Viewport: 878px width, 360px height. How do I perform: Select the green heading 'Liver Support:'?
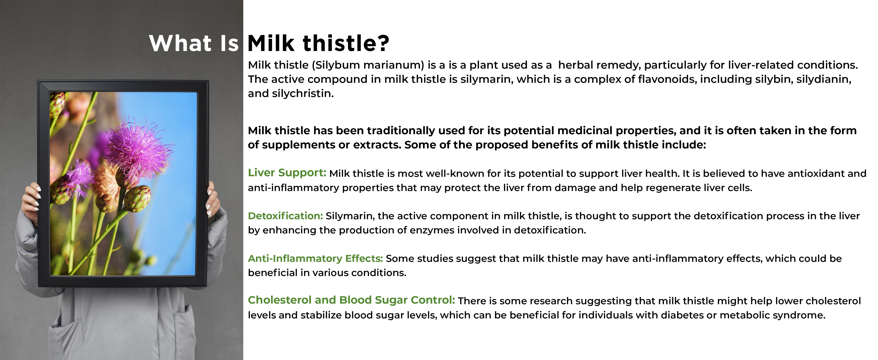[x=287, y=173]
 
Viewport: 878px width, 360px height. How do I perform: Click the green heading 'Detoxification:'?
[x=285, y=216]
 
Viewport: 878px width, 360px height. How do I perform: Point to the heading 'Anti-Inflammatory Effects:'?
[x=315, y=258]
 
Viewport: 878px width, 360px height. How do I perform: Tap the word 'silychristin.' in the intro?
[x=303, y=93]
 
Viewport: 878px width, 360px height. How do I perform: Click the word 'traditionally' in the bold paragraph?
[x=403, y=131]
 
